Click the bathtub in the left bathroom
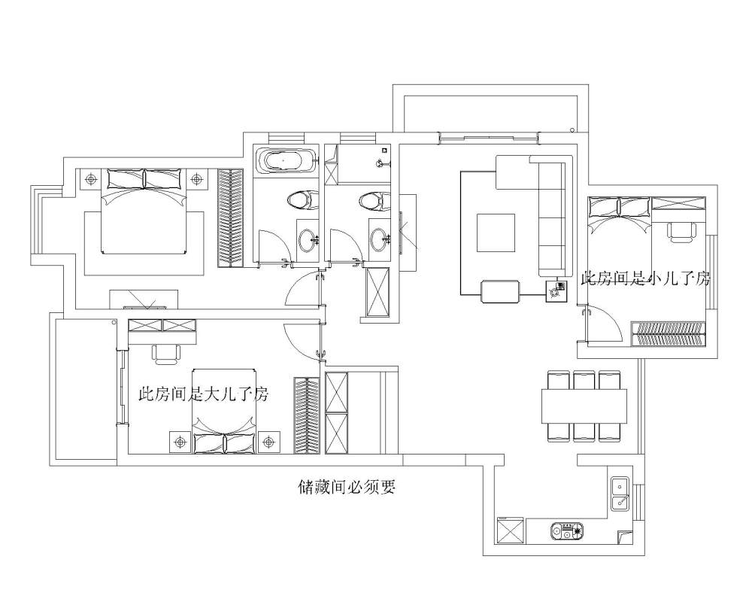coord(286,161)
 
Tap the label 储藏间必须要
coord(346,488)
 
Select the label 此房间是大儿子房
coord(203,394)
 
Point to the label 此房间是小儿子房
coord(645,278)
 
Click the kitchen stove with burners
coord(567,531)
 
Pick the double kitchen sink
coord(620,494)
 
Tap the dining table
coord(584,406)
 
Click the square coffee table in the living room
coord(496,233)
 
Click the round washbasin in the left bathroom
coord(308,239)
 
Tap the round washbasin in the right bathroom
coord(380,239)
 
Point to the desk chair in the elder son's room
coord(167,354)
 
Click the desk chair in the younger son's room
coord(681,233)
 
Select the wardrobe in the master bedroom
coord(231,217)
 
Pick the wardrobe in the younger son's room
coord(669,333)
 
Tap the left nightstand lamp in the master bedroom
coord(90,180)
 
